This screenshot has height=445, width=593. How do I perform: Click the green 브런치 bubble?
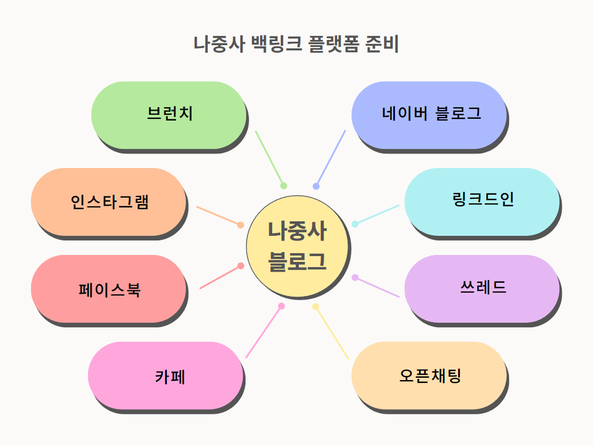point(169,115)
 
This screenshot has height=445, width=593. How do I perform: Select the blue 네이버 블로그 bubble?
point(429,115)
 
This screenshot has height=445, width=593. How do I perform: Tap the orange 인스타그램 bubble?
point(108,202)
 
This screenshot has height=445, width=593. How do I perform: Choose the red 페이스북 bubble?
point(108,289)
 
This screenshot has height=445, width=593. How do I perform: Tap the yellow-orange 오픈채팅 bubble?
point(429,375)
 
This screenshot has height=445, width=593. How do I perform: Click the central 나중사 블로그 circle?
point(298,247)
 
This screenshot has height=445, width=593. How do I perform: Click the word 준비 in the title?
point(382,44)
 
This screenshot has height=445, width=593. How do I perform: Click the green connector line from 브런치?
point(269,158)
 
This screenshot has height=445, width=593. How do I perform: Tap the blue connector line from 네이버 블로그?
point(331,158)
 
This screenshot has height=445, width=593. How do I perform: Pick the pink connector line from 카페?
point(263,332)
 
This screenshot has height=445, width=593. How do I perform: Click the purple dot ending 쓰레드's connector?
point(355,278)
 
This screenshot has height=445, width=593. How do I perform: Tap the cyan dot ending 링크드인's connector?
point(355,224)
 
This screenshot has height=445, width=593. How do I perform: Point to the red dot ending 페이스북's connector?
point(241,266)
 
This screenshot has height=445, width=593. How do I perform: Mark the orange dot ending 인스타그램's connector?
point(241,225)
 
